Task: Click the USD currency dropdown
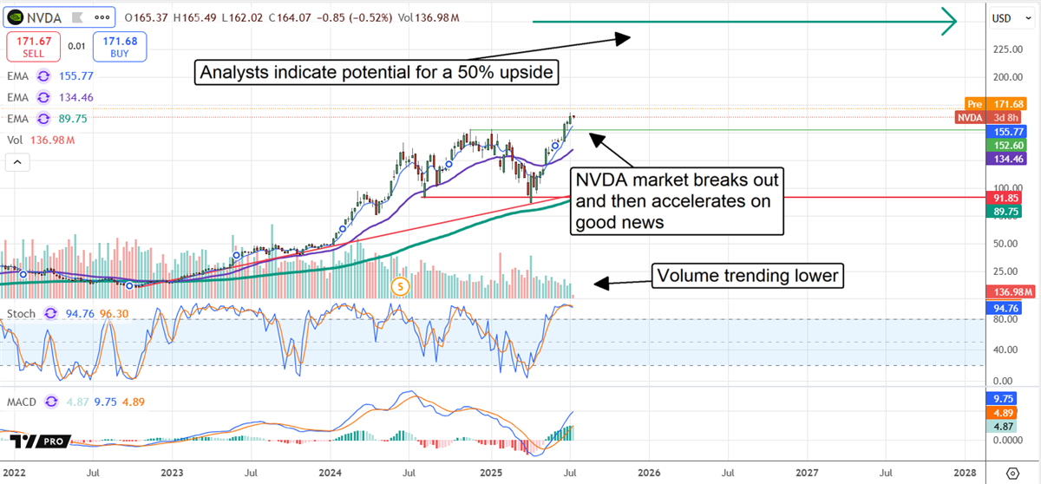tap(1007, 17)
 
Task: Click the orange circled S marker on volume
tap(400, 285)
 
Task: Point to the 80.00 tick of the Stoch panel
tap(1005, 318)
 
